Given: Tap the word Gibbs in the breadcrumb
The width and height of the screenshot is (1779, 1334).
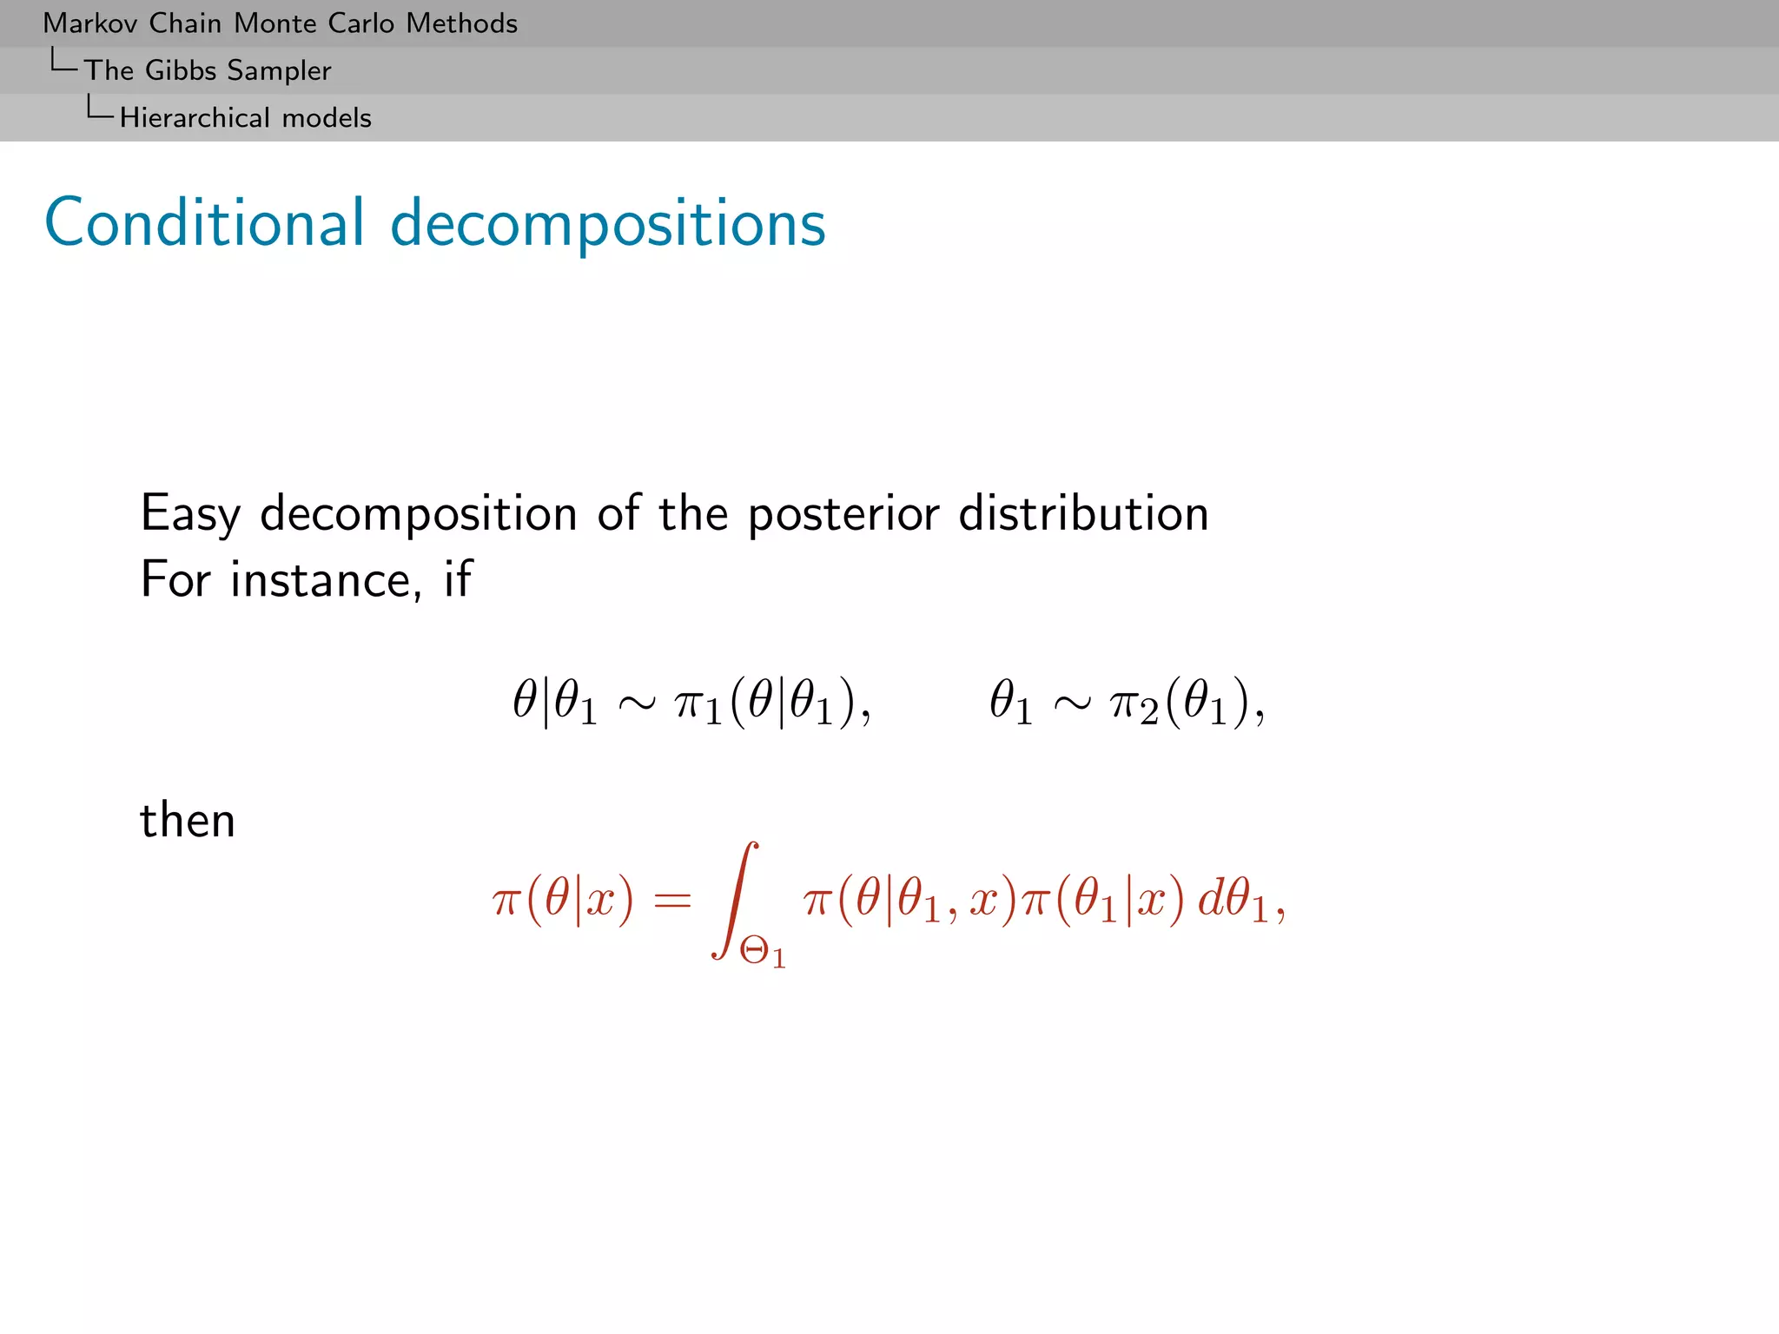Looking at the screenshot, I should (x=180, y=70).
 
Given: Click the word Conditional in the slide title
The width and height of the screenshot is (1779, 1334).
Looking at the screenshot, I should (x=204, y=223).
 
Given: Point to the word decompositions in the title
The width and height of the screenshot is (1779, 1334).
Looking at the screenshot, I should (x=608, y=225).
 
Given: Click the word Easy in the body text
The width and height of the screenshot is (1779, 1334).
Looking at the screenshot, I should (x=189, y=513).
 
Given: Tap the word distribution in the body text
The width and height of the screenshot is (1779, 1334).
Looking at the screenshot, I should (x=1083, y=513).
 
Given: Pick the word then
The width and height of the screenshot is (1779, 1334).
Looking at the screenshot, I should (x=188, y=820).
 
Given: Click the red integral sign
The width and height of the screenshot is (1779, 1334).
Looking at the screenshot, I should (x=735, y=899).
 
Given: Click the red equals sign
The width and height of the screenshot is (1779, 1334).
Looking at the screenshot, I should (x=672, y=901).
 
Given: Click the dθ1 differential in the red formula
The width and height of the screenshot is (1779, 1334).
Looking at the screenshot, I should (x=1233, y=901).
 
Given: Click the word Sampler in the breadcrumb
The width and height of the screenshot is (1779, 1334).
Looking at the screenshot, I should (x=279, y=70).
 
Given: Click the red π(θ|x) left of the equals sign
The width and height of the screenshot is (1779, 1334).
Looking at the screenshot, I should (x=563, y=901).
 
